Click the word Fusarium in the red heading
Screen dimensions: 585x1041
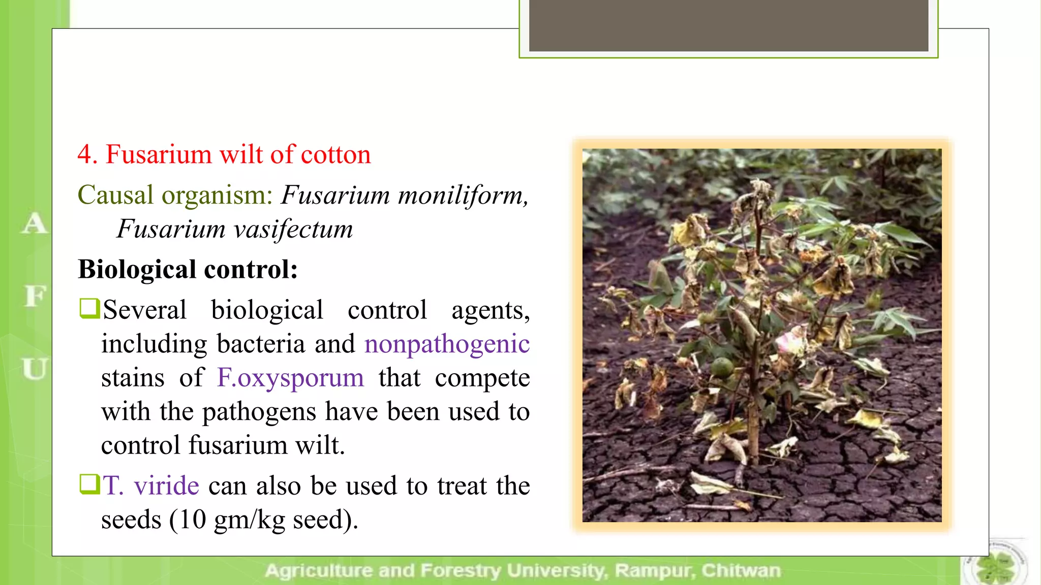158,154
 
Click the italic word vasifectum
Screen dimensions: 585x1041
293,229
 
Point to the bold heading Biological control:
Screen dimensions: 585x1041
188,269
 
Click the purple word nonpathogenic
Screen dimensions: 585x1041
447,344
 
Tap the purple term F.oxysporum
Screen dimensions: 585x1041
290,378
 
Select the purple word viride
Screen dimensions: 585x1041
166,485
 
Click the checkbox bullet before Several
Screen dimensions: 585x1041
89,308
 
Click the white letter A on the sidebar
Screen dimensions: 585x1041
34,223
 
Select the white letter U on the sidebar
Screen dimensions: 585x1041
35,369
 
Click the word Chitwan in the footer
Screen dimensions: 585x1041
741,571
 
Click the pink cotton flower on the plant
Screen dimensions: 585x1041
790,339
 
